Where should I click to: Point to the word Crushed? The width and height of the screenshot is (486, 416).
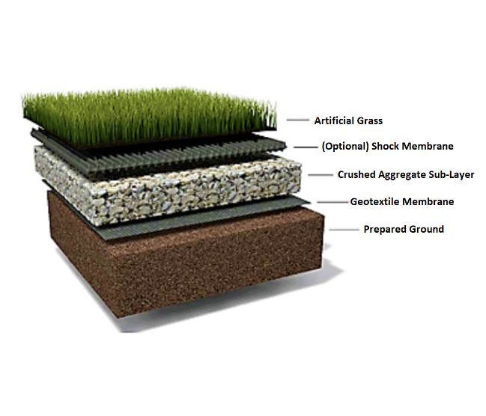coord(357,174)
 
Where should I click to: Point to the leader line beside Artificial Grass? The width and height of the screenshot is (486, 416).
coord(298,120)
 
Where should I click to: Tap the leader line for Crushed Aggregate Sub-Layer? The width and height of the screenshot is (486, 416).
coord(320,174)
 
